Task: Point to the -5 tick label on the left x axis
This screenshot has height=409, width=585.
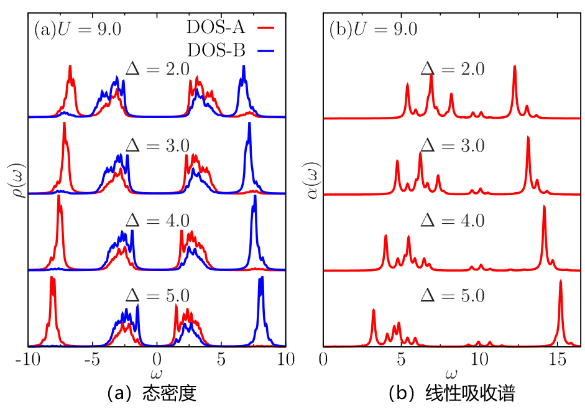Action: tap(92, 360)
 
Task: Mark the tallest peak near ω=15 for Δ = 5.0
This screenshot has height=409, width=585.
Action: tap(561, 281)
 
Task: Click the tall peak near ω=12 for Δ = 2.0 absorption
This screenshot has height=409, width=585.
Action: tap(515, 67)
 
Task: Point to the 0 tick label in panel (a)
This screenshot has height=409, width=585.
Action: tap(158, 360)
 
